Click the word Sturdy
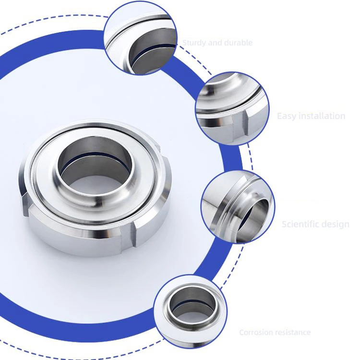[x=194, y=43]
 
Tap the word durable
[x=235, y=43]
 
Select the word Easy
[x=287, y=116]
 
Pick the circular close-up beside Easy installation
[x=232, y=107]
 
